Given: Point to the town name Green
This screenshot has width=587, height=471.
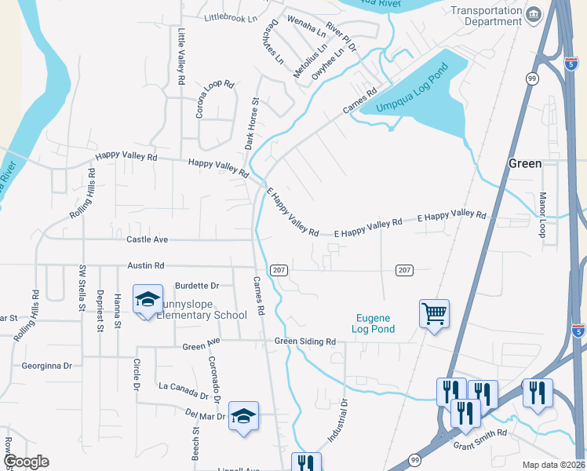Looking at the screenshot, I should [x=525, y=163].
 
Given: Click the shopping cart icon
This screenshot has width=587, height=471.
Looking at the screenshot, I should [x=434, y=314].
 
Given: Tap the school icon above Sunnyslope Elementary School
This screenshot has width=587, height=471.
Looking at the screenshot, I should [x=148, y=299].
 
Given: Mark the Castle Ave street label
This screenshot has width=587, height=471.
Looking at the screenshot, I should [x=147, y=239].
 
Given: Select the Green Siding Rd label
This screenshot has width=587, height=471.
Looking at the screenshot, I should [x=305, y=341].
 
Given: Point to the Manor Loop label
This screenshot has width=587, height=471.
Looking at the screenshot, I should [x=541, y=214].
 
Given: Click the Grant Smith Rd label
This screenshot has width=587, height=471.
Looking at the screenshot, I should [x=480, y=439].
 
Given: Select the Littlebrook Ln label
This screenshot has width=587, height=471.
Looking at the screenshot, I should [x=231, y=18].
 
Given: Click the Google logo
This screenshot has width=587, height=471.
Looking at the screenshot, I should [x=26, y=462].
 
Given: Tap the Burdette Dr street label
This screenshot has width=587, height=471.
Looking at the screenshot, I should [x=196, y=286].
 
